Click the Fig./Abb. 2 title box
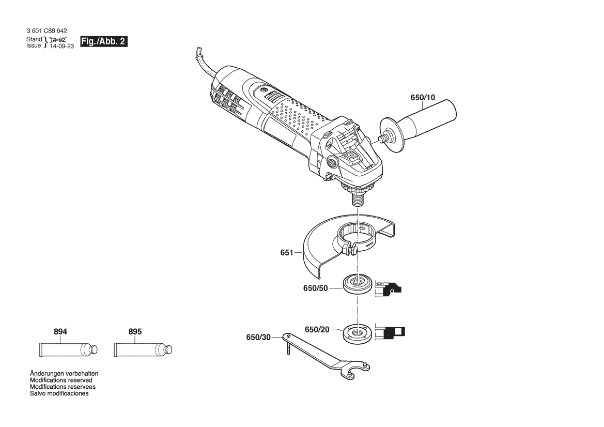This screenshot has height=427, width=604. tap(104, 41)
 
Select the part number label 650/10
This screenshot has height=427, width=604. tap(423, 98)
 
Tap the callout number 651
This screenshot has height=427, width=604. tap(287, 253)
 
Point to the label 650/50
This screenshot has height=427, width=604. tap(316, 288)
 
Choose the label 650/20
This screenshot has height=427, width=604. tap(317, 329)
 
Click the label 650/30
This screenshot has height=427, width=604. tap(258, 338)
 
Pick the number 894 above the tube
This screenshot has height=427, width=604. tap(60, 331)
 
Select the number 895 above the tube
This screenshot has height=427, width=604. tap(135, 331)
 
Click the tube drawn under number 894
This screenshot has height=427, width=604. tap(68, 349)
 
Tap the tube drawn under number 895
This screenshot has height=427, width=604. tap(143, 349)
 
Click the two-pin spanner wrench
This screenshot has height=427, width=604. tap(326, 355)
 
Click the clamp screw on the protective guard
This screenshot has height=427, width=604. tap(352, 250)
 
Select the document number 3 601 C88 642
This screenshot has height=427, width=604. tap(47, 31)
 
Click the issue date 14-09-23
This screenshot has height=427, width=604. tap(61, 46)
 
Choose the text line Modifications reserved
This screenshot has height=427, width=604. tap(61, 380)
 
